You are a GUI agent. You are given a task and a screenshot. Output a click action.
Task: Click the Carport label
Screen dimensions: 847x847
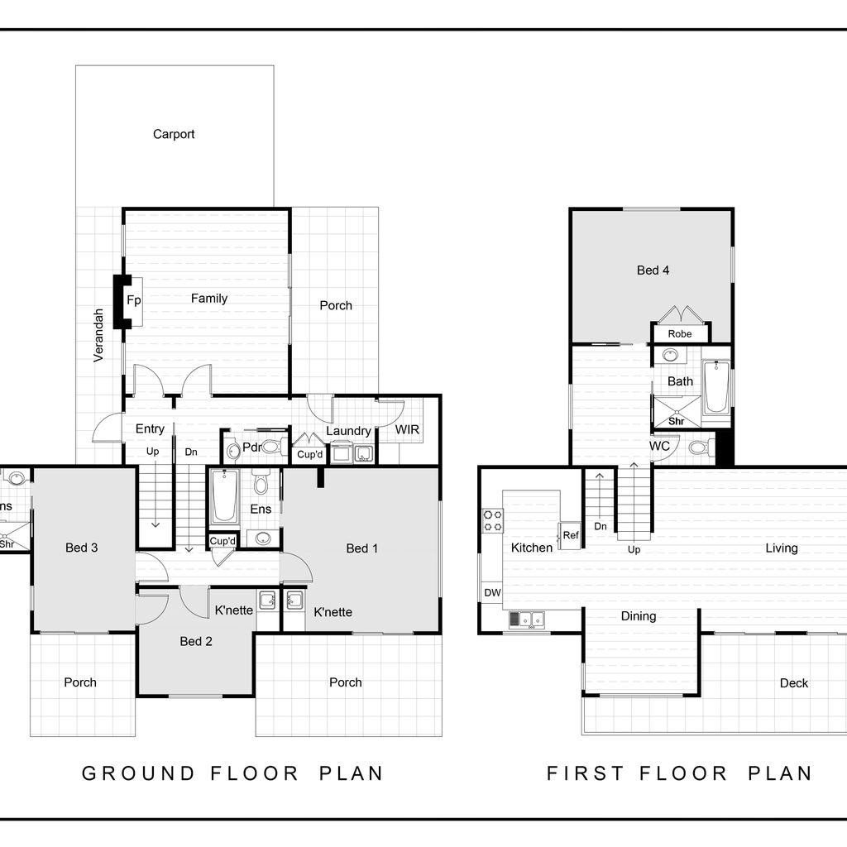coord(174,134)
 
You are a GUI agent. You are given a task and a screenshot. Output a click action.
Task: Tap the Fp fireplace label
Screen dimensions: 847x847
coord(133,300)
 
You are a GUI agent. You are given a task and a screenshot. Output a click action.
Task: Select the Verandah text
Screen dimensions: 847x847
coord(98,335)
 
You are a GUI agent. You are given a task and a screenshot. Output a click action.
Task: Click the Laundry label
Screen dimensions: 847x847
coord(348,431)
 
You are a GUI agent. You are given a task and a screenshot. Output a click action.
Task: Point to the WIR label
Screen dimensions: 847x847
coord(407,429)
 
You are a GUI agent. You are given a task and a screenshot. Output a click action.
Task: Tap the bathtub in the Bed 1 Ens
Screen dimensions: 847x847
coord(224,497)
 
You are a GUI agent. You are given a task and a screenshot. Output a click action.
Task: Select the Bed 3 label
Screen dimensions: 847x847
coord(82,548)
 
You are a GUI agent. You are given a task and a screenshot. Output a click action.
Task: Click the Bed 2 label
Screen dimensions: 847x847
coord(196,642)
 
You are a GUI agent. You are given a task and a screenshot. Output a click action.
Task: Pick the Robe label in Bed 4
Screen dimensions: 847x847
coord(680,334)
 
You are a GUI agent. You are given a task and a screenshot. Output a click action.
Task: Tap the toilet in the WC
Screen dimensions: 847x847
coord(700,447)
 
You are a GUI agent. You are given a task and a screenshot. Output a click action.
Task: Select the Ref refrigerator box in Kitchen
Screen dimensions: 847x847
coord(570,536)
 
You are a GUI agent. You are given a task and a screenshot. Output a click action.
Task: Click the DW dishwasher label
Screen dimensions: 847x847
coord(493,592)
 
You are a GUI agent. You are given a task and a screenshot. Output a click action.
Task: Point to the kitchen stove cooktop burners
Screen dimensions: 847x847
coord(493,521)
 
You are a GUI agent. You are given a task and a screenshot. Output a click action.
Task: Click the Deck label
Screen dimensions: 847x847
coord(794,683)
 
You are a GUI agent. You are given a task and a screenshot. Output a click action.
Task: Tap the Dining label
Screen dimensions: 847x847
coord(639,616)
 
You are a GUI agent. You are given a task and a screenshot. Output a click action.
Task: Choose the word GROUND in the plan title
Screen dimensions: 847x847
coord(138,773)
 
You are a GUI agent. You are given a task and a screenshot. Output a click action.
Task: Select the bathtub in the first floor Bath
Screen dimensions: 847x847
coord(717,387)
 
